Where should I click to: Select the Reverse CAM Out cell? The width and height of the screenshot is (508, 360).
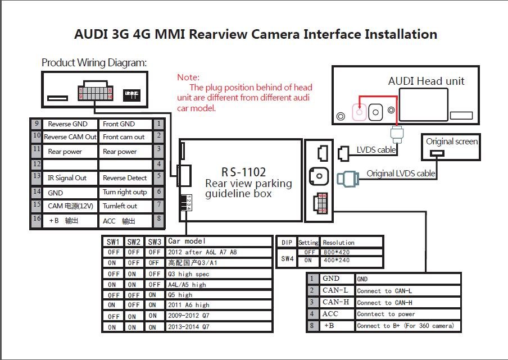click(x=70, y=137)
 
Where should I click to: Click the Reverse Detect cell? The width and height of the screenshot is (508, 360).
click(x=125, y=177)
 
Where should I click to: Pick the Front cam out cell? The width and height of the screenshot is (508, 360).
click(x=125, y=137)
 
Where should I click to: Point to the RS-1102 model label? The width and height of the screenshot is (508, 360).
click(x=244, y=172)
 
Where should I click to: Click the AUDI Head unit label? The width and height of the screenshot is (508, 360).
click(x=426, y=81)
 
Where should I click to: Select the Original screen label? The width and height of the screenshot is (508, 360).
click(x=452, y=142)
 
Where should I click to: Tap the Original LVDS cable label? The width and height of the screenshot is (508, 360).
click(x=401, y=174)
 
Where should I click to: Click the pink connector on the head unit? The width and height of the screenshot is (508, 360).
click(x=359, y=112)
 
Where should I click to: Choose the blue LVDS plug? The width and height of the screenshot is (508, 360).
click(x=348, y=179)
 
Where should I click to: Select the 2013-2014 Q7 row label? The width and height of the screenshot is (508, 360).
click(x=189, y=327)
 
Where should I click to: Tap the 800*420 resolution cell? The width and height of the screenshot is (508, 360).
click(x=336, y=252)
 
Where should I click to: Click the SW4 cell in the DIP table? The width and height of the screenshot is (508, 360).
click(x=287, y=258)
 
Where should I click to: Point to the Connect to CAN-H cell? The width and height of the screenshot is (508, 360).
click(x=384, y=303)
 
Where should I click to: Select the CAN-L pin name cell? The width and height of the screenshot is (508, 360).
click(x=335, y=290)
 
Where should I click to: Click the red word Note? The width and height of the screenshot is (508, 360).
click(x=188, y=78)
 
